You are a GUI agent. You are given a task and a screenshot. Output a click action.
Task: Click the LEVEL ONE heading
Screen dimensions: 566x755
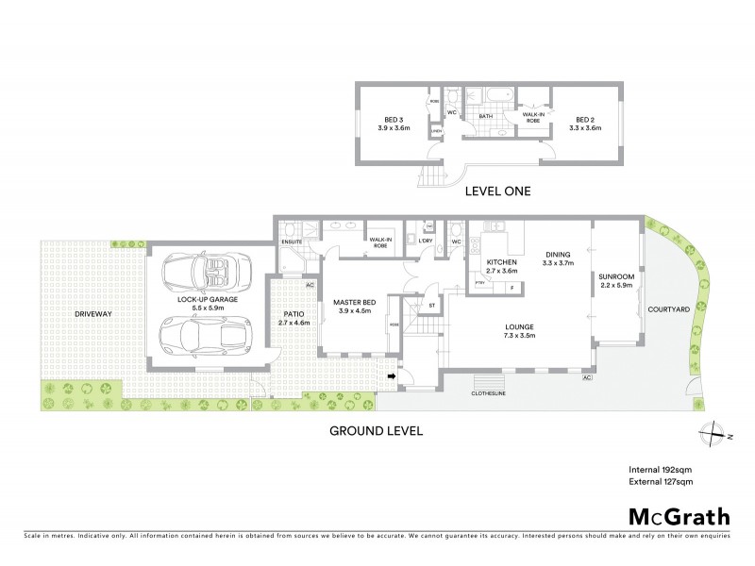click(x=498, y=191)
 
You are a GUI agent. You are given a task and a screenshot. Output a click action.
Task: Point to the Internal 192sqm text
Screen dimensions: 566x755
click(x=662, y=469)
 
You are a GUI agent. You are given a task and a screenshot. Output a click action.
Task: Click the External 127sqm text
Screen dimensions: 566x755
click(x=663, y=482)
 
